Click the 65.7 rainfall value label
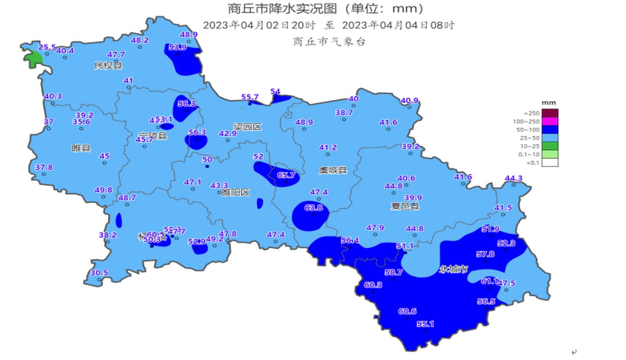tap(286, 175)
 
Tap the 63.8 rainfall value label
tap(314, 208)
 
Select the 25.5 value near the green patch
tap(47, 47)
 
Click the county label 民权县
tap(108, 66)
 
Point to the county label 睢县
tap(81, 148)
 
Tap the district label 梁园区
tap(248, 127)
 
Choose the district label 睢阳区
tap(235, 193)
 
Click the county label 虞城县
tap(333, 170)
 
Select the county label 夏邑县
tap(405, 207)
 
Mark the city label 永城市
tap(454, 270)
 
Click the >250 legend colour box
tap(550, 113)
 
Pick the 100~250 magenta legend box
tap(550, 121)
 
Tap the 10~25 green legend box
tap(550, 146)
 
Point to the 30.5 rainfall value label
tap(99, 273)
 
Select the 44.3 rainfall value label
tap(513, 179)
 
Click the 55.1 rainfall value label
tap(425, 324)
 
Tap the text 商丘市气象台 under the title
tap(329, 42)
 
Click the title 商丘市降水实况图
tap(288, 8)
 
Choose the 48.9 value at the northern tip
tap(189, 35)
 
